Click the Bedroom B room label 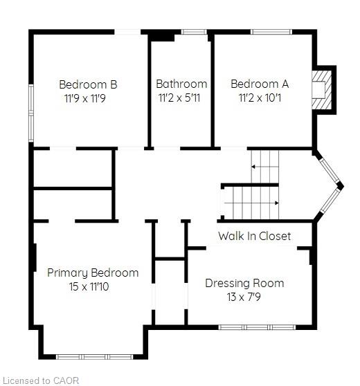click(x=88, y=84)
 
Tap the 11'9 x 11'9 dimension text click(x=85, y=98)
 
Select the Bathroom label click(x=181, y=84)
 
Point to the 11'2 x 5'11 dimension click(x=179, y=98)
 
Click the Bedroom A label click(x=260, y=84)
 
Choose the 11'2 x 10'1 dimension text click(x=260, y=98)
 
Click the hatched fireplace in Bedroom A click(x=322, y=90)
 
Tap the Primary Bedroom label click(x=93, y=273)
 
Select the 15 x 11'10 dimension click(x=89, y=287)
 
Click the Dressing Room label click(x=244, y=284)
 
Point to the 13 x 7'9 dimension click(x=244, y=297)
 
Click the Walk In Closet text click(x=255, y=236)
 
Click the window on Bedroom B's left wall click(x=31, y=113)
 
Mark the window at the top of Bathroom click(x=194, y=32)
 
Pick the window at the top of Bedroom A click(x=271, y=32)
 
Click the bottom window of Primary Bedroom click(x=95, y=357)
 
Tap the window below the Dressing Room click(x=257, y=327)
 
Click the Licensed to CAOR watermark click(x=39, y=380)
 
